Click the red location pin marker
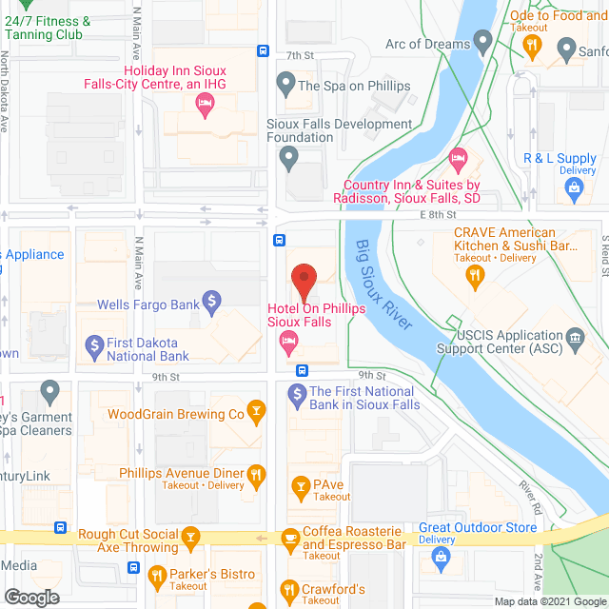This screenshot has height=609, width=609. tap(304, 282)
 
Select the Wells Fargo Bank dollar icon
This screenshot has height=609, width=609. tap(213, 304)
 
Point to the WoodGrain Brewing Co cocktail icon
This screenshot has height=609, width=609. tap(255, 412)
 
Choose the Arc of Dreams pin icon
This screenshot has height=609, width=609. tap(483, 43)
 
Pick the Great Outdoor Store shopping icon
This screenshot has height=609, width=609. tap(441, 560)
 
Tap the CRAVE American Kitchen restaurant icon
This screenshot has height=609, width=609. tap(474, 277)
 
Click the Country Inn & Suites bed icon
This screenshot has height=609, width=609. tap(458, 157)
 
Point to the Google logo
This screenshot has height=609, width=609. tap(30, 598)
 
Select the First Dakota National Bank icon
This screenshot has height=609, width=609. tap(93, 344)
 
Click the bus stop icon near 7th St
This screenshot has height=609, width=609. tap(263, 51)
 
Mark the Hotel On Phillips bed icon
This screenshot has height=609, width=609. tap(285, 350)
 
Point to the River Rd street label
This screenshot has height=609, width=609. tap(529, 498)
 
